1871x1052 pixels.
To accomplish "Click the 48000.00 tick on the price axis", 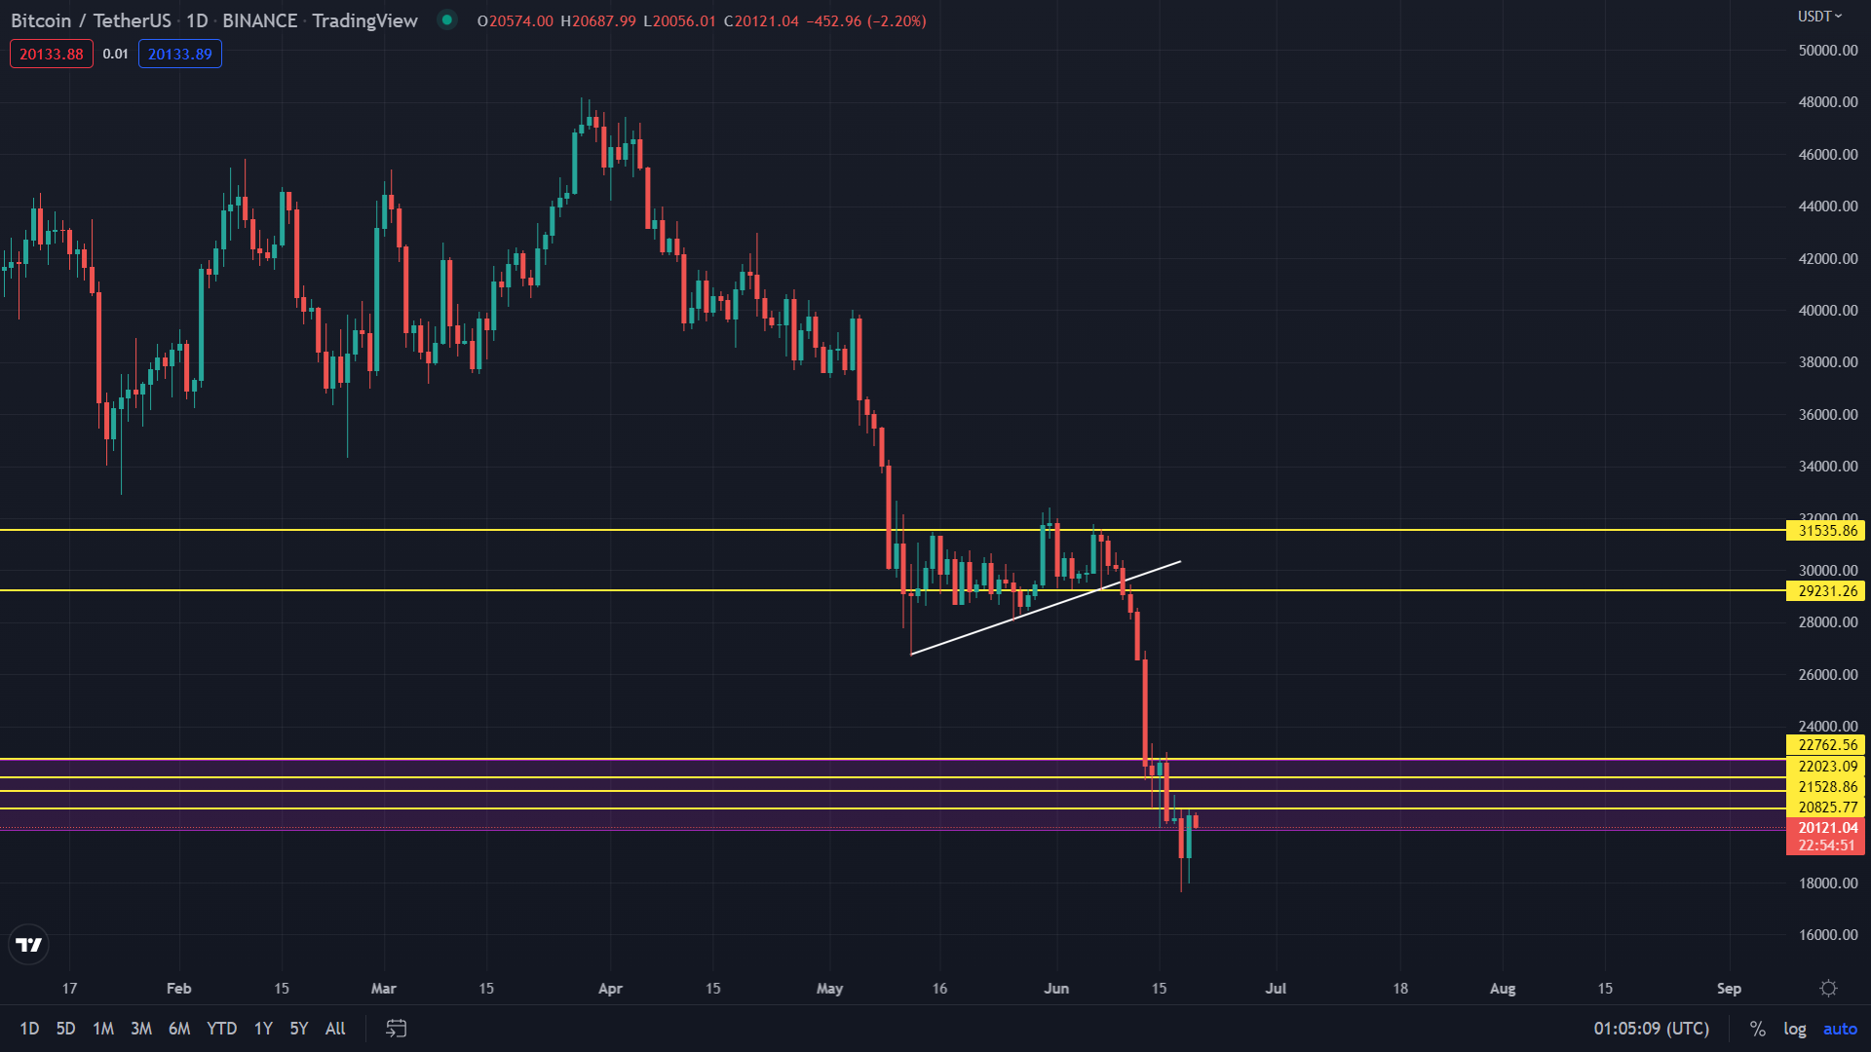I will (x=1827, y=102).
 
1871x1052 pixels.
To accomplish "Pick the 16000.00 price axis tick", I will (x=1827, y=935).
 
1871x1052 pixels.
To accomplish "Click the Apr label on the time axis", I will (x=610, y=989).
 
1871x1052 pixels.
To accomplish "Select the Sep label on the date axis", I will (x=1729, y=989).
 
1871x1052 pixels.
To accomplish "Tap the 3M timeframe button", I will (x=141, y=1029).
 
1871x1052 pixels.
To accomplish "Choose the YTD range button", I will (x=221, y=1029).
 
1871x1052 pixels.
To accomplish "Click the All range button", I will (x=335, y=1029).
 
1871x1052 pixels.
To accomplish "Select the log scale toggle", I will (x=1794, y=1029).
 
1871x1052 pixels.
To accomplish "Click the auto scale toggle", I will (x=1840, y=1029).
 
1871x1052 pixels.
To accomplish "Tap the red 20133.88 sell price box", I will (x=52, y=55).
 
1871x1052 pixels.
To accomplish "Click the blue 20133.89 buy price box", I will (x=180, y=55).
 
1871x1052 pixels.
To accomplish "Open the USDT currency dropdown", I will (x=1819, y=17).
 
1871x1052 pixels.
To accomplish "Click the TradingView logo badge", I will (x=29, y=945).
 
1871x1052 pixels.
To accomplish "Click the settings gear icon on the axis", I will (x=1829, y=989).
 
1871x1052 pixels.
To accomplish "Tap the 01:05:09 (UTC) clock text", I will (x=1651, y=1029).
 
